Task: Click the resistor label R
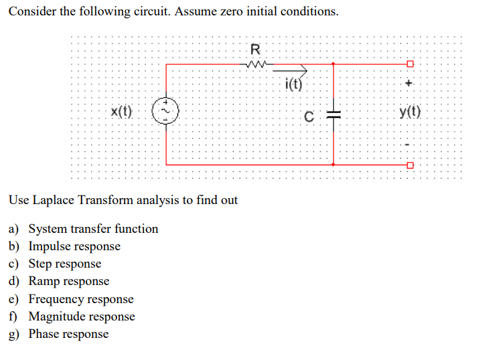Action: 254,49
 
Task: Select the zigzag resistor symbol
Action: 256,64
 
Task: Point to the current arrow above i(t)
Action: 295,69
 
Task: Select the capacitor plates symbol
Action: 334,114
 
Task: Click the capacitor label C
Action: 309,115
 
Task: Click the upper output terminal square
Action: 410,64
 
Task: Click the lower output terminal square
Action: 410,164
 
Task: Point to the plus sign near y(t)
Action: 410,84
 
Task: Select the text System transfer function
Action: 93,229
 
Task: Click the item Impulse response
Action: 74,246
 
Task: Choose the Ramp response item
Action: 68,281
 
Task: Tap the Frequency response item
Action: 80,299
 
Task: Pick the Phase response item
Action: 68,334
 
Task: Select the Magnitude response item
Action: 81,317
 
